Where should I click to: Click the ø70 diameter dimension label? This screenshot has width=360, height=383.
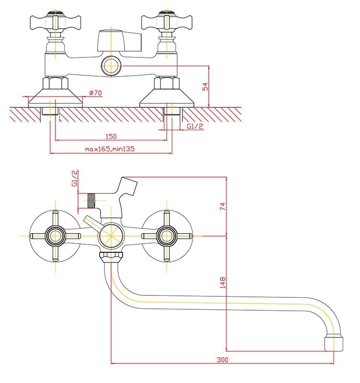(x=96, y=93)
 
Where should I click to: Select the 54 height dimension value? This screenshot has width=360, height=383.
(x=205, y=87)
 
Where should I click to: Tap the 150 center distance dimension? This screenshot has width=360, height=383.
(x=111, y=136)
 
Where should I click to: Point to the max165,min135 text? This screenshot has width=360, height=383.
(x=110, y=149)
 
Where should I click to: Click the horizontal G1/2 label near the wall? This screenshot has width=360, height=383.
(x=195, y=126)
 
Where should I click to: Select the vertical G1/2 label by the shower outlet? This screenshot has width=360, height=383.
(x=75, y=178)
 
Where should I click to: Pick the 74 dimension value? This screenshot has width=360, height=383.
(x=222, y=206)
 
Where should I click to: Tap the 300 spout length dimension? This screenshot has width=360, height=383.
(x=222, y=360)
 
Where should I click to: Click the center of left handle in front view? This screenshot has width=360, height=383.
(x=55, y=236)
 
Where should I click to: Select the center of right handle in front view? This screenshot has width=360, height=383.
(x=166, y=236)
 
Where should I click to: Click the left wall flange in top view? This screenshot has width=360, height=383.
(x=56, y=98)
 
